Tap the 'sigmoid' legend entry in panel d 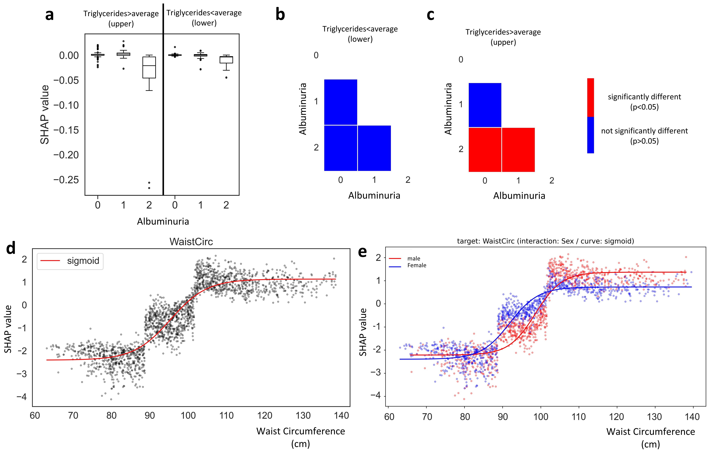tap(83, 261)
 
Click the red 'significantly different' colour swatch tap(590, 97)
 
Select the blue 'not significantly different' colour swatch tap(590, 135)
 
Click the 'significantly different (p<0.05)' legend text tap(644, 102)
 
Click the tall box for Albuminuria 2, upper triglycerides tap(149, 67)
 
